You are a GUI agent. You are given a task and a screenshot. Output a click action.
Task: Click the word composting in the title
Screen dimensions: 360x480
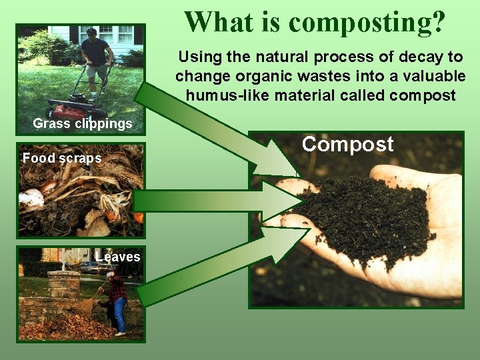pyautogui.click(x=367, y=23)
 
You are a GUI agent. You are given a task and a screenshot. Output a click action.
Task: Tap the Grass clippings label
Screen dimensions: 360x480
pyautogui.click(x=83, y=123)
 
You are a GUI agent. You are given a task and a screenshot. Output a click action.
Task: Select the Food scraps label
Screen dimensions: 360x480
pyautogui.click(x=62, y=159)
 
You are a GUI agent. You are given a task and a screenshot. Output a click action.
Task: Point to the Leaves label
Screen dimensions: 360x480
pyautogui.click(x=118, y=257)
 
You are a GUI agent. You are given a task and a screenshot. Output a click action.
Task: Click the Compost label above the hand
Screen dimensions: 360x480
pyautogui.click(x=347, y=145)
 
